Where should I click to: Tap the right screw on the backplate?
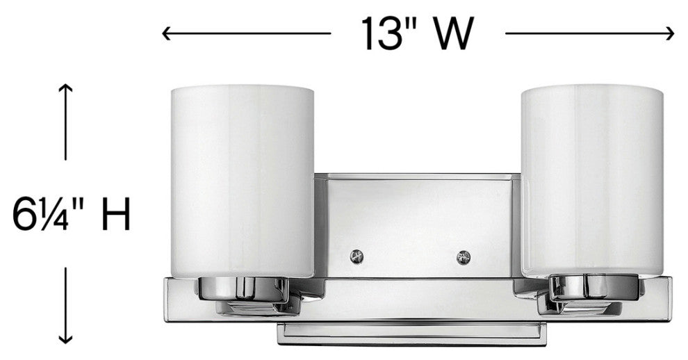click(x=463, y=256)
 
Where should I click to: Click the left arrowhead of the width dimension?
click(x=167, y=32)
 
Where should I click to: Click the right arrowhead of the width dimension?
click(x=671, y=32)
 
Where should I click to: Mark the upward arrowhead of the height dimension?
click(x=65, y=87)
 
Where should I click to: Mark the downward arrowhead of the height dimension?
click(x=65, y=339)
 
